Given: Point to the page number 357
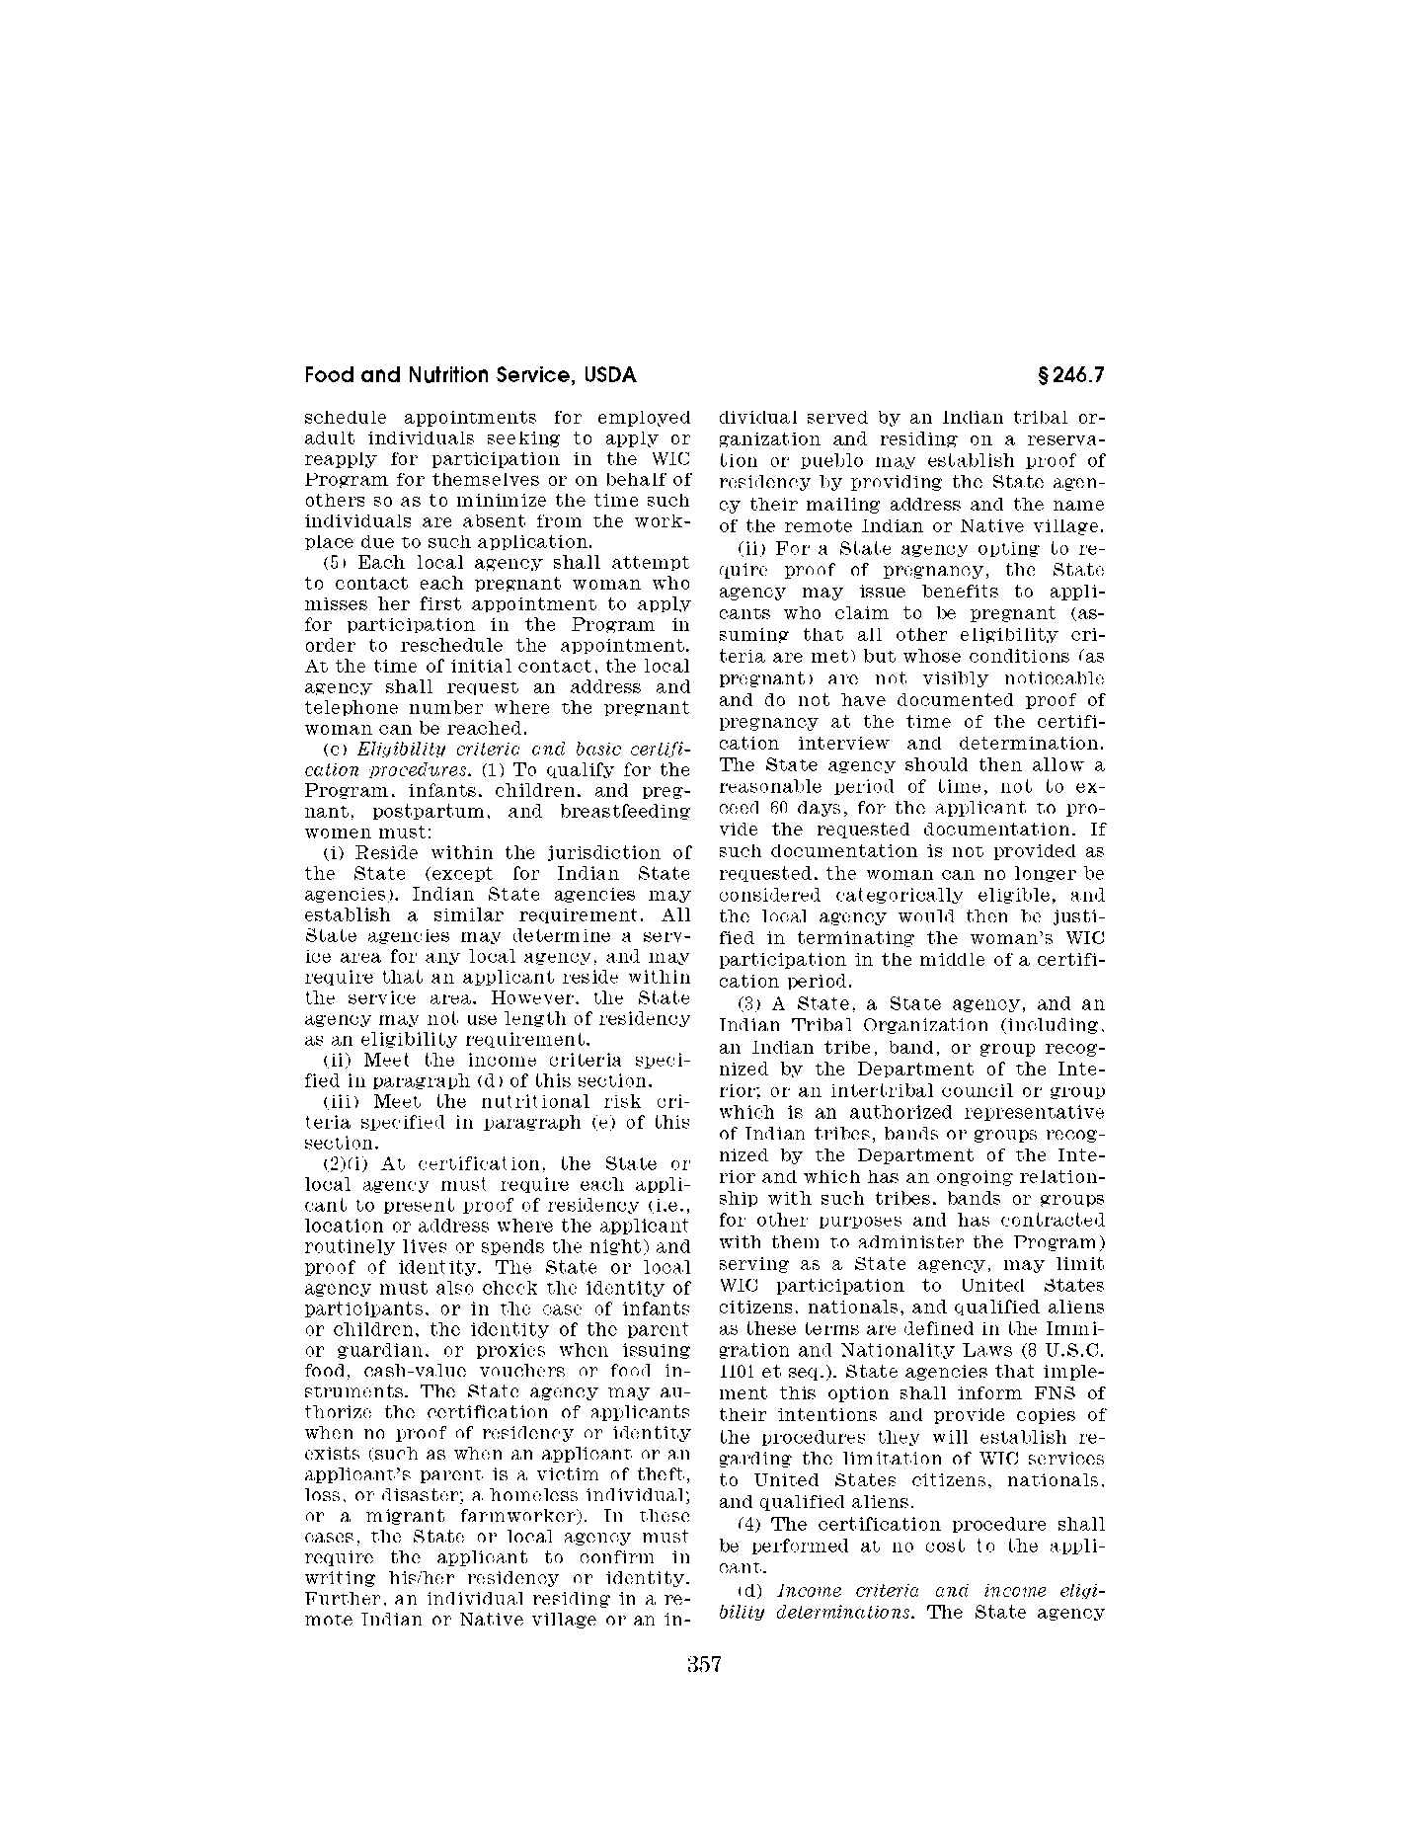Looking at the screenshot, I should [705, 1665].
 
